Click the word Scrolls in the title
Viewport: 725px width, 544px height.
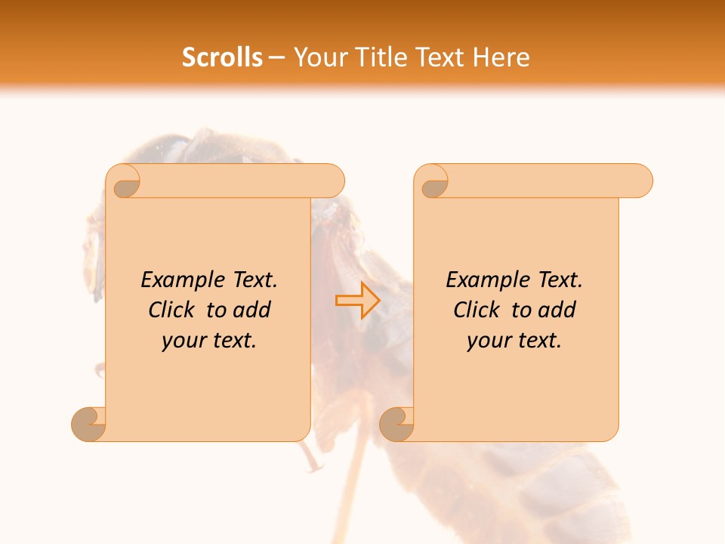click(x=223, y=57)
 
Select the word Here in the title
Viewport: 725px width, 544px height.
click(x=501, y=57)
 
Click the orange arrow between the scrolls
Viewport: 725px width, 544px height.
click(x=358, y=301)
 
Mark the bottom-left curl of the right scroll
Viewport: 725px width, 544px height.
click(x=397, y=424)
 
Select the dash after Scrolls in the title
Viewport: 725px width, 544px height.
click(x=276, y=58)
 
